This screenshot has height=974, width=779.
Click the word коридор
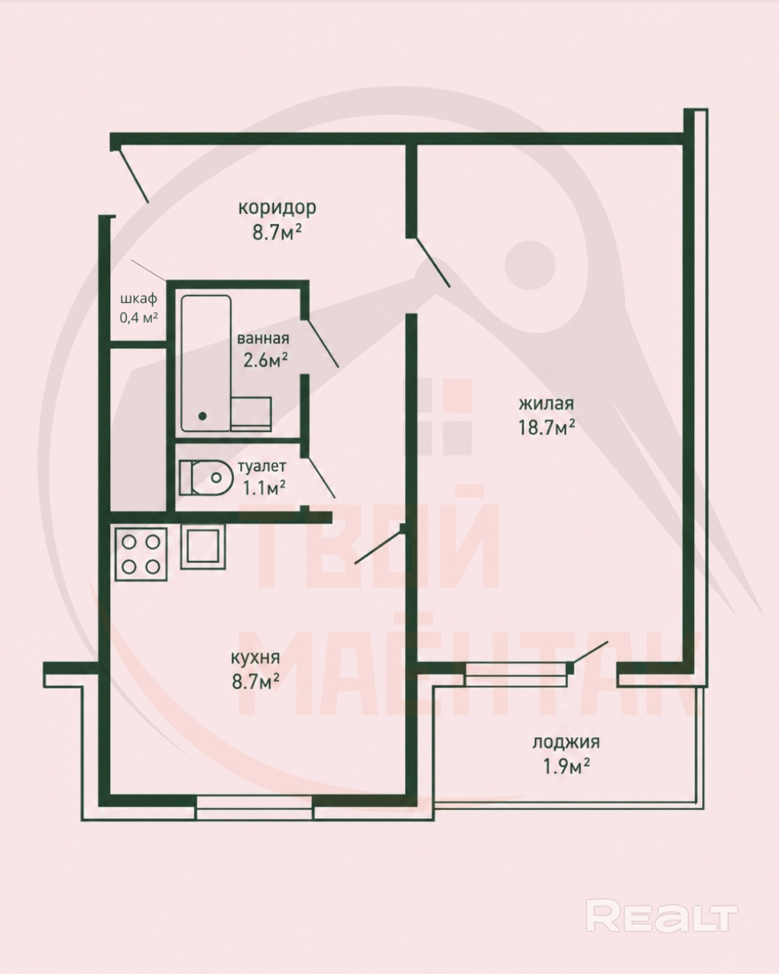(x=277, y=208)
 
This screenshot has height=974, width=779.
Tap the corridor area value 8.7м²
(x=277, y=232)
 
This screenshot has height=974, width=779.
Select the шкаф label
(x=139, y=299)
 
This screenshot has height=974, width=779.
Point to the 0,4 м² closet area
(x=139, y=318)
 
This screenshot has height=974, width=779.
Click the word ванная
(x=263, y=339)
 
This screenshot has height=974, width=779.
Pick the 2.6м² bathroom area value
(x=266, y=359)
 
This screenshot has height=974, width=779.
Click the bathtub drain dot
(x=202, y=416)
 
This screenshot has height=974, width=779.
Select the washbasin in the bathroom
(x=251, y=414)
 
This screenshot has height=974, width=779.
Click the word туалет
(x=261, y=466)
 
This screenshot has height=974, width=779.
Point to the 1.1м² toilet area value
(x=264, y=487)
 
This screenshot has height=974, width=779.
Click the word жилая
(x=546, y=404)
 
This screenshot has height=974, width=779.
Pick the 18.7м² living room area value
(x=547, y=427)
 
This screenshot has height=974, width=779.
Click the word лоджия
(x=566, y=743)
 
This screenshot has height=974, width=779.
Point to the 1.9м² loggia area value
(x=567, y=766)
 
